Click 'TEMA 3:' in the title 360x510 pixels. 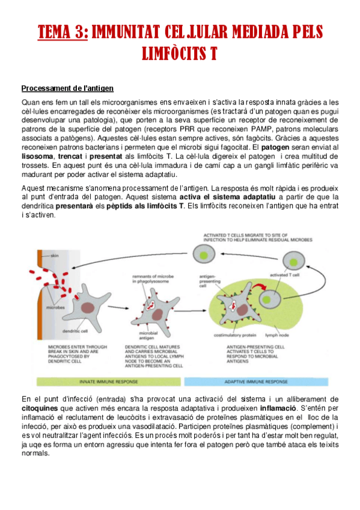63,31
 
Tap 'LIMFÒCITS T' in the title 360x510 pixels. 179,54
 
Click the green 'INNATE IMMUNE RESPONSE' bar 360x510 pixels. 108,381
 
